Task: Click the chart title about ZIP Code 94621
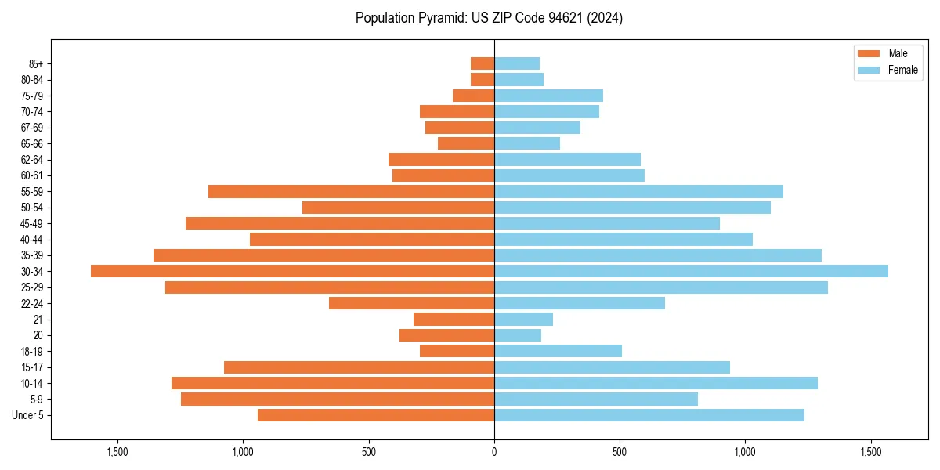click(489, 18)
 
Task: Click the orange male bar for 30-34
click(292, 271)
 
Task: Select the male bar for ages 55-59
click(351, 191)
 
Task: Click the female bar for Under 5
click(649, 415)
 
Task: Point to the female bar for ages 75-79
click(548, 96)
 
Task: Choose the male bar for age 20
click(446, 335)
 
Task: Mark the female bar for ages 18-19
click(558, 351)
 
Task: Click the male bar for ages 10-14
click(333, 383)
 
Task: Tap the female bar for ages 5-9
click(595, 399)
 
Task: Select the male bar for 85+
click(483, 63)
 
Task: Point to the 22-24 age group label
click(31, 303)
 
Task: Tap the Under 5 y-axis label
click(28, 415)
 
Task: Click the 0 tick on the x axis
click(494, 452)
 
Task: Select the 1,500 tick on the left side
click(117, 452)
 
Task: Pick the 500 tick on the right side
click(620, 452)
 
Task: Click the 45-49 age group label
click(31, 223)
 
